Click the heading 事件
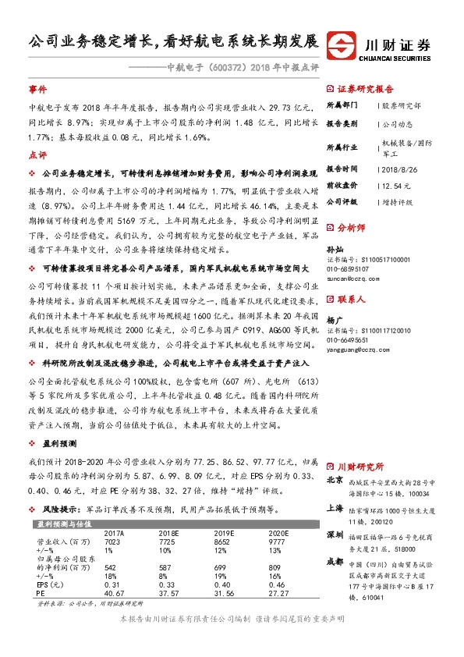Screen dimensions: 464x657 (x=37, y=90)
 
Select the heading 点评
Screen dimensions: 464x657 (x=37, y=155)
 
